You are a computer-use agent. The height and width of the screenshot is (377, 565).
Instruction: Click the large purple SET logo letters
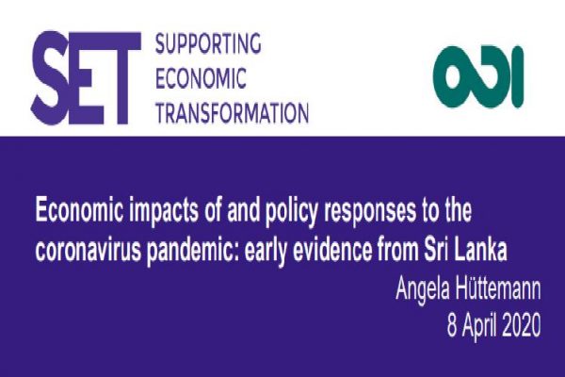pos(86,78)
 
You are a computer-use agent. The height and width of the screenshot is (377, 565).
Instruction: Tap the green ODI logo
pos(478,76)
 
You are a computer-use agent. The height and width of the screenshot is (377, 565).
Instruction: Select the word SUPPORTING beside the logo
pos(208,44)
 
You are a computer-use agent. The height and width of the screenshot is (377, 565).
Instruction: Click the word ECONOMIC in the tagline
pos(201,78)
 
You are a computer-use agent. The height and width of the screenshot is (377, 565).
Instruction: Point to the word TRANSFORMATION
pos(232,112)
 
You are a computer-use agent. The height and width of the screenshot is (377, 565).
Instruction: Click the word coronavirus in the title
pos(89,250)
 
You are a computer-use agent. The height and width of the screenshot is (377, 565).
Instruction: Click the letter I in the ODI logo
pos(517,76)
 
